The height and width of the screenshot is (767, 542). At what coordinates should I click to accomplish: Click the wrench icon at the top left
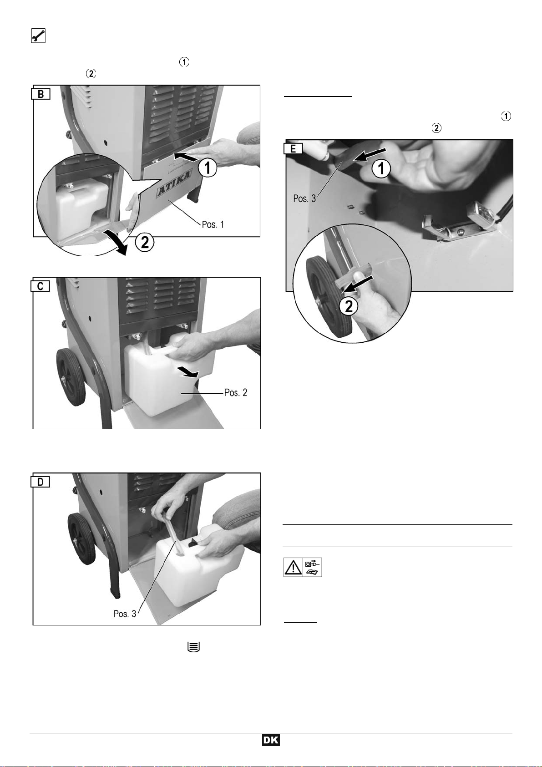click(x=38, y=36)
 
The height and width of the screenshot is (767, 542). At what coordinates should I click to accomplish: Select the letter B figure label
click(x=41, y=94)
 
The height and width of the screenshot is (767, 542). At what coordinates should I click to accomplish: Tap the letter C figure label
click(x=41, y=286)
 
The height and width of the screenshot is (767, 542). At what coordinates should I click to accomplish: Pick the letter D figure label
click(x=41, y=482)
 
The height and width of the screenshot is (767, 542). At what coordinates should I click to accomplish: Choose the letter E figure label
click(x=293, y=148)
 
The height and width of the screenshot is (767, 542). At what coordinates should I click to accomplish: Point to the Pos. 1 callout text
click(x=213, y=224)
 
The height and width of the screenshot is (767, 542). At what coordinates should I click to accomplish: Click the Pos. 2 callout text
click(x=236, y=392)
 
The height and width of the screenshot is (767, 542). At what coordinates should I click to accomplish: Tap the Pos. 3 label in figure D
click(x=125, y=614)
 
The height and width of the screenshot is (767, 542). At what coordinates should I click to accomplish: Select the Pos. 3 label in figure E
click(x=304, y=198)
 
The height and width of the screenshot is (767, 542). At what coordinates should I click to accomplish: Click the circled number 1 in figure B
click(x=208, y=168)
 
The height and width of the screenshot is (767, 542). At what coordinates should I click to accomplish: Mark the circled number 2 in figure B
click(x=145, y=243)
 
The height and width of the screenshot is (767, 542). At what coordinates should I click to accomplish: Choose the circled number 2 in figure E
click(x=349, y=306)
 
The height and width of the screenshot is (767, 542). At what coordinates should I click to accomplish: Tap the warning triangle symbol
click(x=293, y=567)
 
